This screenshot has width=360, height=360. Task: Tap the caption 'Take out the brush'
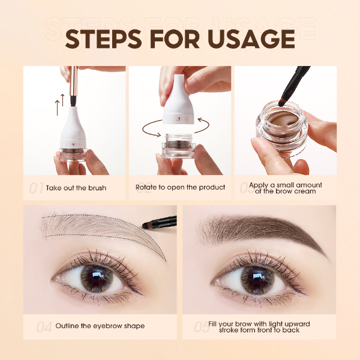pos(76,188)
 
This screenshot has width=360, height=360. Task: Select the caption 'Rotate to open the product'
pos(181,188)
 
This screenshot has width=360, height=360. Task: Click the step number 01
pos(36,188)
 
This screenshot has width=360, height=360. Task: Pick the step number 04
pos(44,328)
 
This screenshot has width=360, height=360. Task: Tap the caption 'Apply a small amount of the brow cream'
pos(286,188)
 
